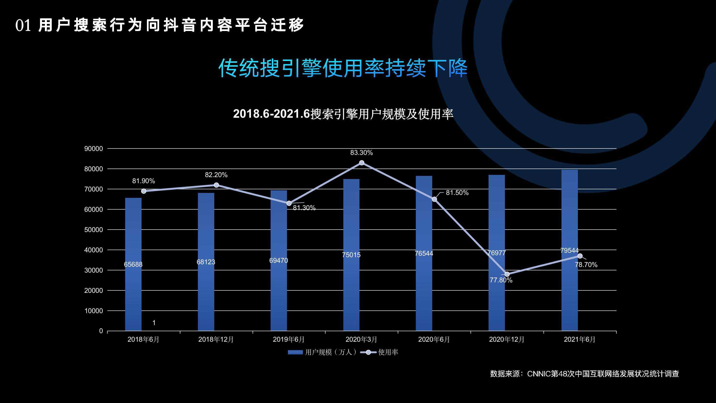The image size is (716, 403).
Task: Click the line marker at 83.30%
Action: point(362,163)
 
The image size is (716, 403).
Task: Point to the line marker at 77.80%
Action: point(507,274)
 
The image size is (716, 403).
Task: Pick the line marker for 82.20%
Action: point(216,185)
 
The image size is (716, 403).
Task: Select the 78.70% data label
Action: point(586,265)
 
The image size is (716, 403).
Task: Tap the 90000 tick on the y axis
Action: point(93,149)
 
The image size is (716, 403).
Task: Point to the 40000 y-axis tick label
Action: point(93,250)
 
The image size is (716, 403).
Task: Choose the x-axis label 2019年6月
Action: point(288,339)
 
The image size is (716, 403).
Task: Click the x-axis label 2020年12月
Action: point(506,339)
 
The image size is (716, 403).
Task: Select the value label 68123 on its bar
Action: point(206,262)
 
